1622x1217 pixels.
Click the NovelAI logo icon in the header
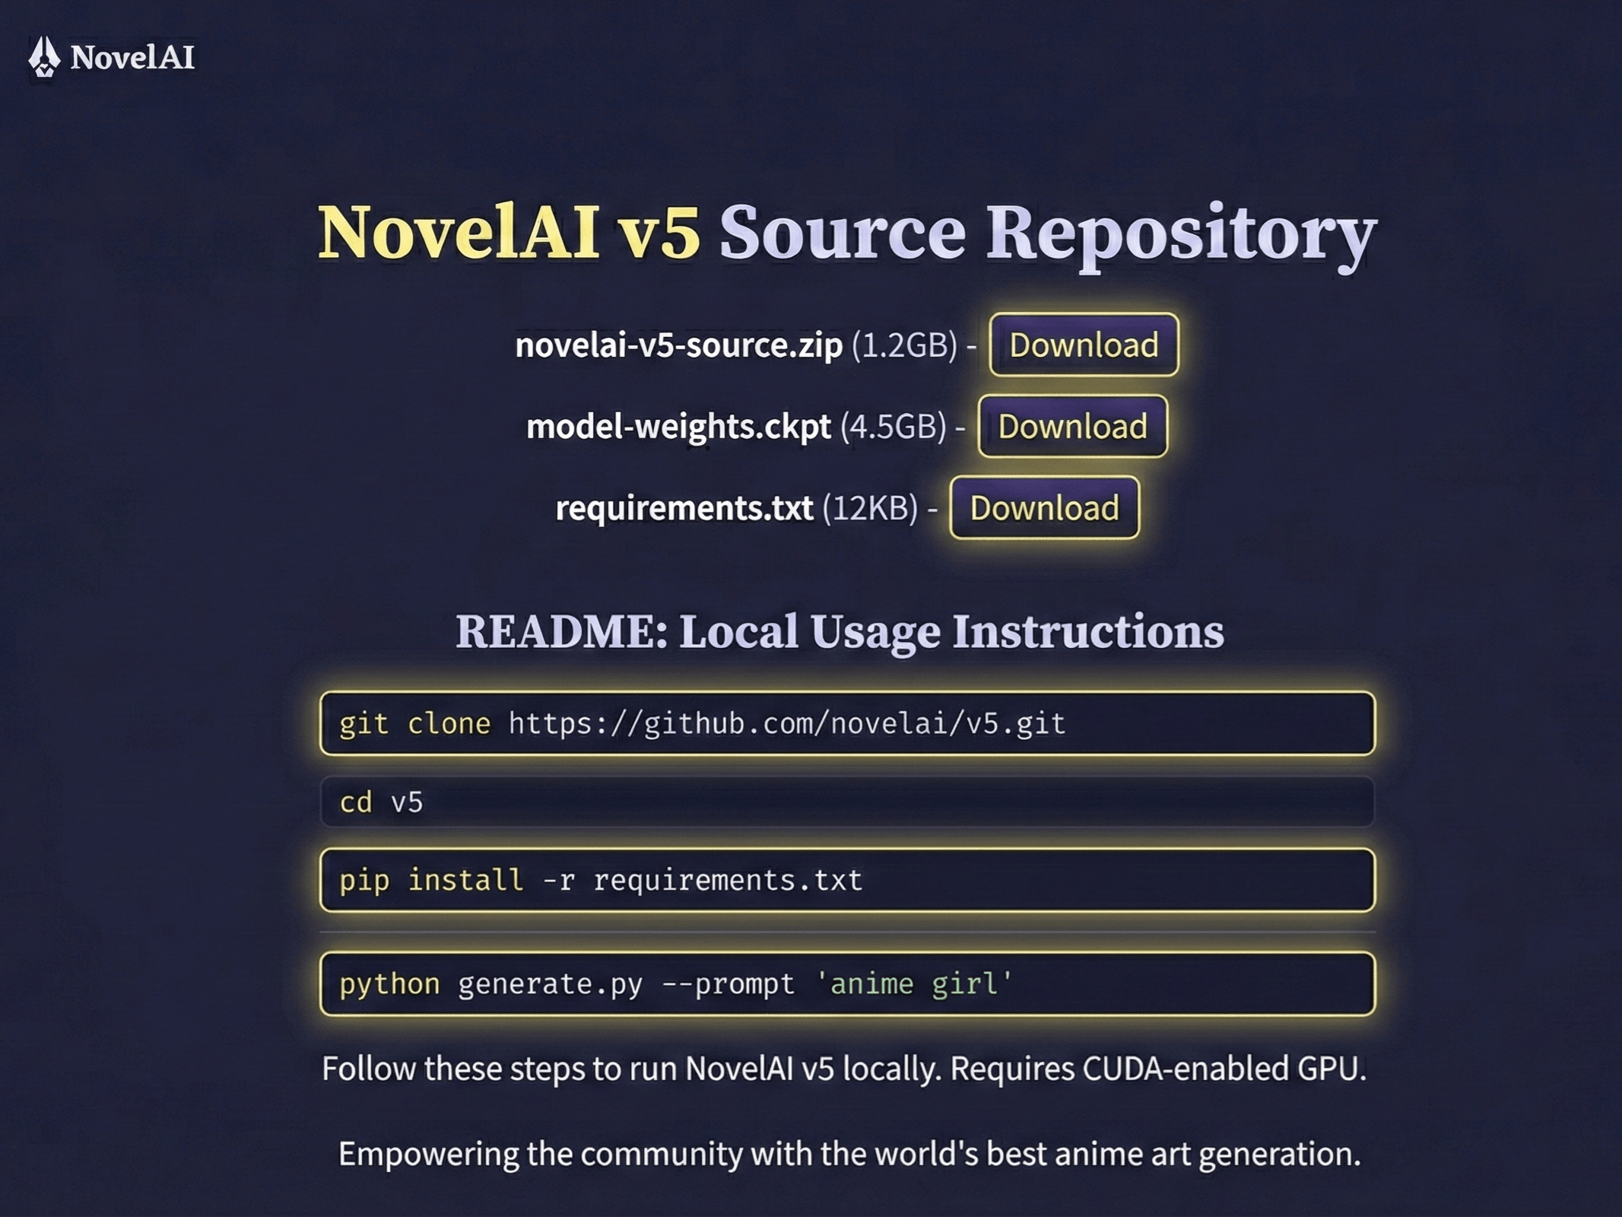pos(43,57)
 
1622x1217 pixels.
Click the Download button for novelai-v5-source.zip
pos(1084,345)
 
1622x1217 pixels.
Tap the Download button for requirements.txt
pos(1044,507)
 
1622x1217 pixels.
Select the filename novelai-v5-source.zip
pos(678,345)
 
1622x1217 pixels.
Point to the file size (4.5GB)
pos(893,427)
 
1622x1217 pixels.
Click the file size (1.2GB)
pos(904,345)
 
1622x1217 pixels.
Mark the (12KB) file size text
pos(870,508)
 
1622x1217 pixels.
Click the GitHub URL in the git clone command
pos(786,723)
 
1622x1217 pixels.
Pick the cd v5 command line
pos(381,802)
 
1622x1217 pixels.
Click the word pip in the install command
pos(363,881)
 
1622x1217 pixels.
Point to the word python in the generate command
pos(389,984)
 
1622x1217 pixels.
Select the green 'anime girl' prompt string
pos(913,984)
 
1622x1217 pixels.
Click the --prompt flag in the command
pos(728,984)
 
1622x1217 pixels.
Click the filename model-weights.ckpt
pos(678,427)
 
